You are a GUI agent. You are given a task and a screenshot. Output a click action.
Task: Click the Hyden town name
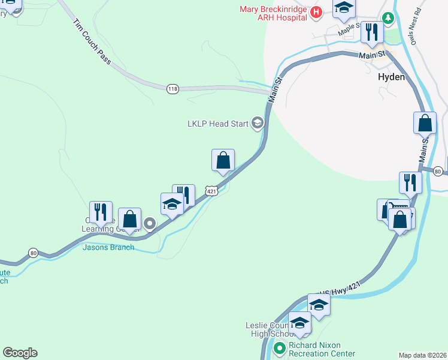coord(392,77)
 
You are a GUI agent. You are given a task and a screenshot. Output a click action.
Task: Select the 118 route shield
coord(172,89)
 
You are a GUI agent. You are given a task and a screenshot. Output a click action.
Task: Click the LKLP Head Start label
coord(217,124)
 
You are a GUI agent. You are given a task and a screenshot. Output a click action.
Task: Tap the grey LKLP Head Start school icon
coord(258,124)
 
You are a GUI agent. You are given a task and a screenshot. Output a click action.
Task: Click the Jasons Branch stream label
coord(108,247)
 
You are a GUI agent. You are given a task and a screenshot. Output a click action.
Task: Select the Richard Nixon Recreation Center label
coord(322,349)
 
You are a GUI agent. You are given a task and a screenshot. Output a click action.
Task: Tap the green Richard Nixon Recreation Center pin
coord(279,347)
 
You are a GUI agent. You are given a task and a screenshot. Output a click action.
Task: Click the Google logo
coord(20,353)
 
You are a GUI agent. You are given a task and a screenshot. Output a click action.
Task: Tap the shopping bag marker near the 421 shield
coord(223,161)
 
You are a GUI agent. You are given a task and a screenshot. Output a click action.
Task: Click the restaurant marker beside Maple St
coord(371,33)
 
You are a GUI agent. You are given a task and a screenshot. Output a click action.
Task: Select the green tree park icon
coord(389,19)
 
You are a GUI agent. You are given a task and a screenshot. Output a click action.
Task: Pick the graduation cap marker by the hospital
coord(344,8)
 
